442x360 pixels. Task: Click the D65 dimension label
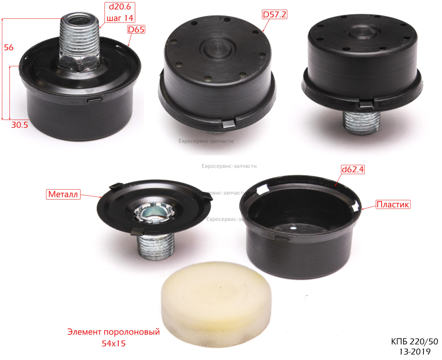pos(136,29)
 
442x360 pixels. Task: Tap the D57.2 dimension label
pos(275,14)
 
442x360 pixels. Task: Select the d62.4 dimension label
pos(352,169)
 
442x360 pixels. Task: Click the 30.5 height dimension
pos(20,125)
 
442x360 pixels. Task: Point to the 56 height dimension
pos(9,47)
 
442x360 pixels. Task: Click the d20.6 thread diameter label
pos(120,7)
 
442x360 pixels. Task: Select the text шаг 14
pos(120,18)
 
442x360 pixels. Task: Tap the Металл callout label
pos(63,194)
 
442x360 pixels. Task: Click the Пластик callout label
pos(393,204)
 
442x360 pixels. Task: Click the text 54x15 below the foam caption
pos(114,343)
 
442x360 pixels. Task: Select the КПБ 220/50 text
pos(414,342)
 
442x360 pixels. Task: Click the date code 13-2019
pos(415,352)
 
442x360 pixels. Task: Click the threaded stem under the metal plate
pos(156,245)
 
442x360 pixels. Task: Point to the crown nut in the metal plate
pos(154,212)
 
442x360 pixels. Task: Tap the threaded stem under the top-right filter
pos(362,121)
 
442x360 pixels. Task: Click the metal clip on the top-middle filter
pos(229,123)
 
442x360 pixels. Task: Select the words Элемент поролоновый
pos(114,332)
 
